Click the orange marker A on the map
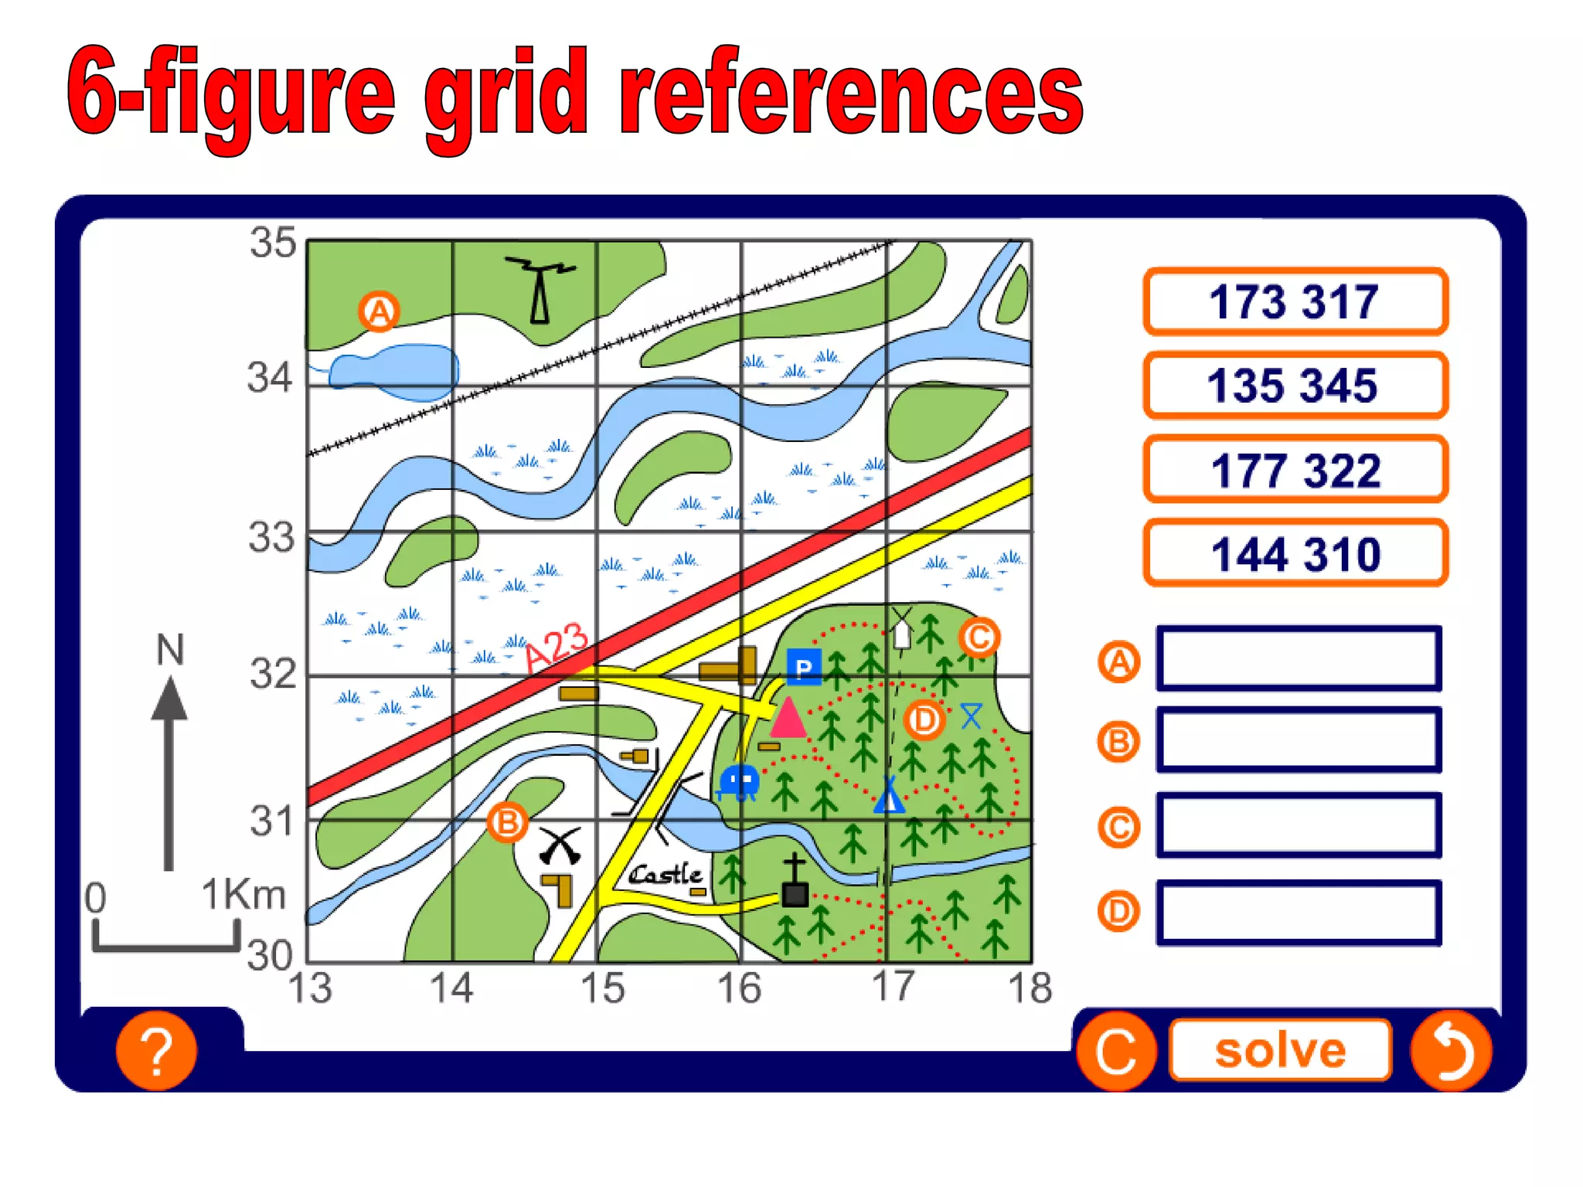pyautogui.click(x=379, y=311)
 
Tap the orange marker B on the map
pyautogui.click(x=507, y=823)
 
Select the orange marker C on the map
pyautogui.click(x=979, y=638)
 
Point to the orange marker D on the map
pyautogui.click(x=924, y=720)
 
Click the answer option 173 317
pyautogui.click(x=1295, y=301)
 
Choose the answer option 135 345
pyautogui.click(x=1295, y=386)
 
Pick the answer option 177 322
pyautogui.click(x=1295, y=470)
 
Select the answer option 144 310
pyautogui.click(x=1295, y=553)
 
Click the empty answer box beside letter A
pyautogui.click(x=1299, y=658)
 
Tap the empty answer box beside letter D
pyautogui.click(x=1299, y=912)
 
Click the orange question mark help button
pyautogui.click(x=156, y=1051)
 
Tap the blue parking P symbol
pyautogui.click(x=804, y=668)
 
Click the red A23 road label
pyautogui.click(x=557, y=648)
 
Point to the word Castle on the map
pyautogui.click(x=666, y=875)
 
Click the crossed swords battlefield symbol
pyautogui.click(x=560, y=845)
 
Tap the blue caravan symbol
pyautogui.click(x=739, y=782)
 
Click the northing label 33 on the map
pyautogui.click(x=271, y=537)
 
